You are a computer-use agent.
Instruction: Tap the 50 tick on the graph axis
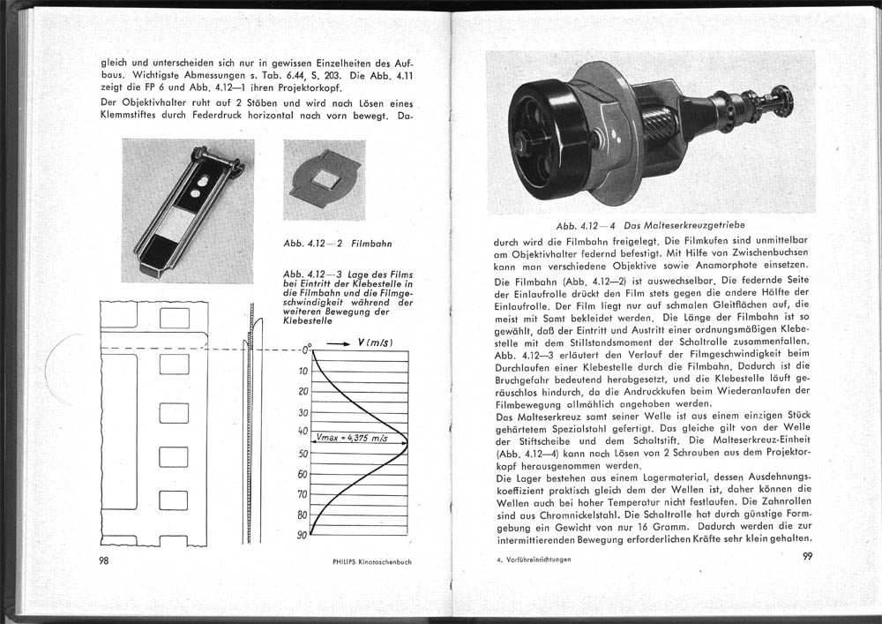[x=303, y=454]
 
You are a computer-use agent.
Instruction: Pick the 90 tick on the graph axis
[x=302, y=536]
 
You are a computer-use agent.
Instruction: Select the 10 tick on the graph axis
[x=303, y=371]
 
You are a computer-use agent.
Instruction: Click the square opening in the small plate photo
[x=324, y=183]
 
